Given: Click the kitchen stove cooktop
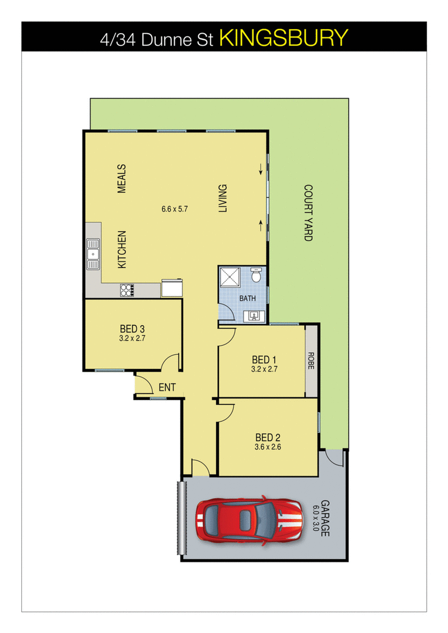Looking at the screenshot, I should pos(127,290).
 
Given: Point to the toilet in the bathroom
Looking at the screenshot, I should pos(256,275).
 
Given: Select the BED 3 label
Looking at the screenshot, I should pos(133,329).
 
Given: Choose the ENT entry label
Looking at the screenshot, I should pos(167,387).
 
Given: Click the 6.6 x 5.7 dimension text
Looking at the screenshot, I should pos(174,209).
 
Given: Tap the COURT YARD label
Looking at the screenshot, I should pos(308,213).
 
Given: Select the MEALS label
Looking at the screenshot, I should pos(122,179).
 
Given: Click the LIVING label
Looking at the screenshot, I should pos(222,198).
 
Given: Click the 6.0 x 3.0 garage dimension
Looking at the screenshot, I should pos(315,518).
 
